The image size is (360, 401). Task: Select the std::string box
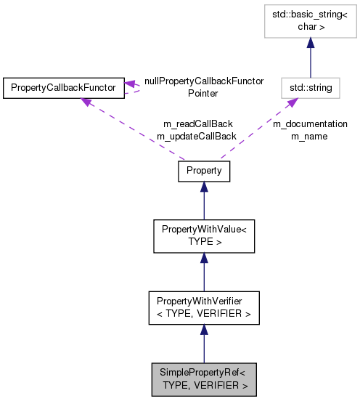tap(311, 88)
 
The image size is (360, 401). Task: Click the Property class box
tap(204, 171)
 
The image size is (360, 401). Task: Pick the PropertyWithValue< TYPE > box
tap(204, 234)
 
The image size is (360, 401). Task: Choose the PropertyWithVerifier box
tap(204, 308)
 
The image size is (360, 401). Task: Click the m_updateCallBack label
tap(197, 136)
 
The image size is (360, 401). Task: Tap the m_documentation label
tap(310, 124)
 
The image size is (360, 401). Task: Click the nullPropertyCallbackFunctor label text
tap(204, 81)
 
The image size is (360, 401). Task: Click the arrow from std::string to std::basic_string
tap(311, 62)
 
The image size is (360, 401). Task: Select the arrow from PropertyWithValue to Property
tap(204, 200)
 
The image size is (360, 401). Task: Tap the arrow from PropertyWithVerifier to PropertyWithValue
tap(204, 272)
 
